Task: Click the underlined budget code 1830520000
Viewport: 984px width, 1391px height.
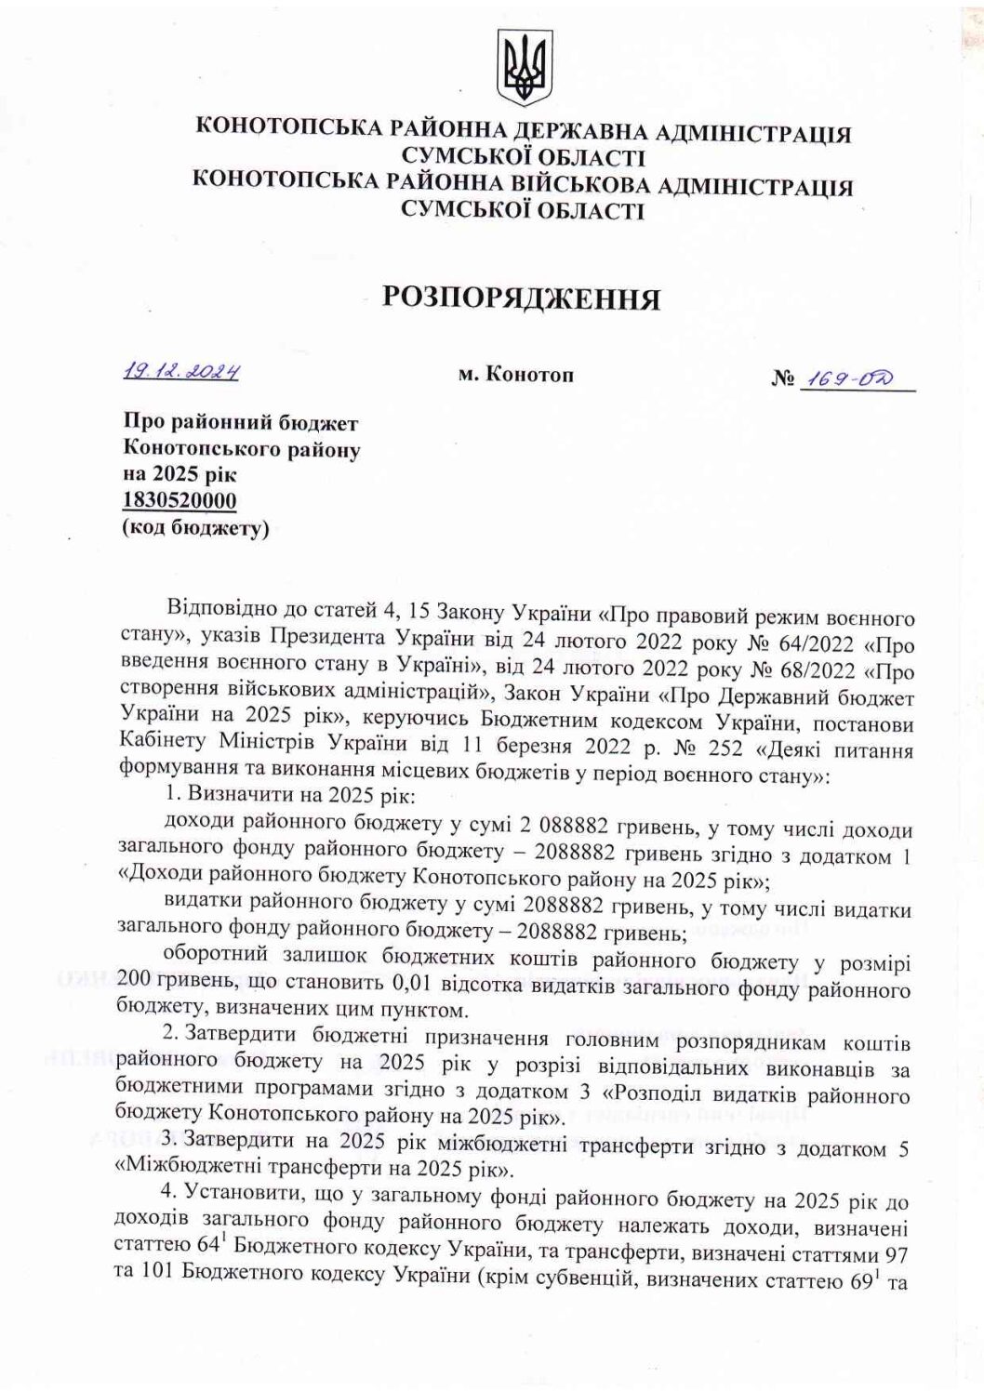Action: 180,501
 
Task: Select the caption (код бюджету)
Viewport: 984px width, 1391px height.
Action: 194,528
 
